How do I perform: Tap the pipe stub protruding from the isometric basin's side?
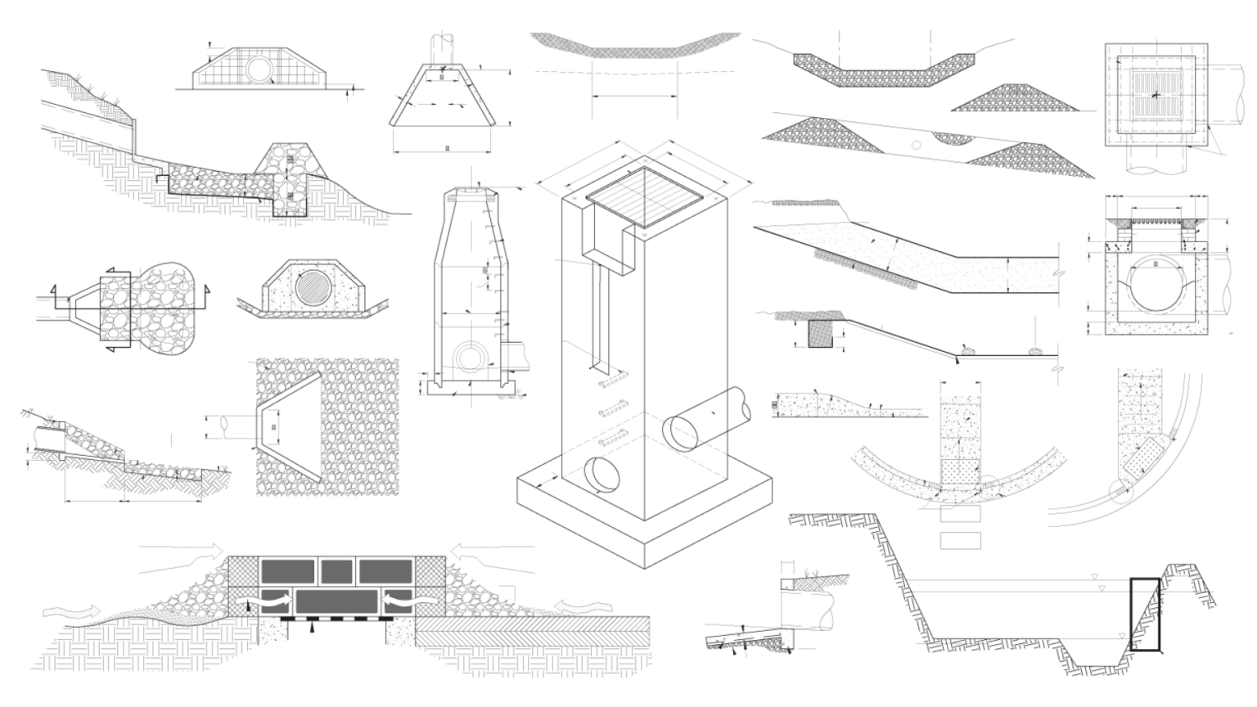tap(709, 417)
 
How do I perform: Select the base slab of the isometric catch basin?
tap(647, 524)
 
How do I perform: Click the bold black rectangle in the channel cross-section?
tap(1144, 615)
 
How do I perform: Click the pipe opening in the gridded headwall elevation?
tap(261, 70)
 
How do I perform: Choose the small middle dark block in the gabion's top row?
tap(336, 570)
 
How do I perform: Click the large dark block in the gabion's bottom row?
tap(336, 601)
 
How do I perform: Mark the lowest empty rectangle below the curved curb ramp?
tap(960, 540)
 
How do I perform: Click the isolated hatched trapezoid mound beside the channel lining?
tap(1020, 98)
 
